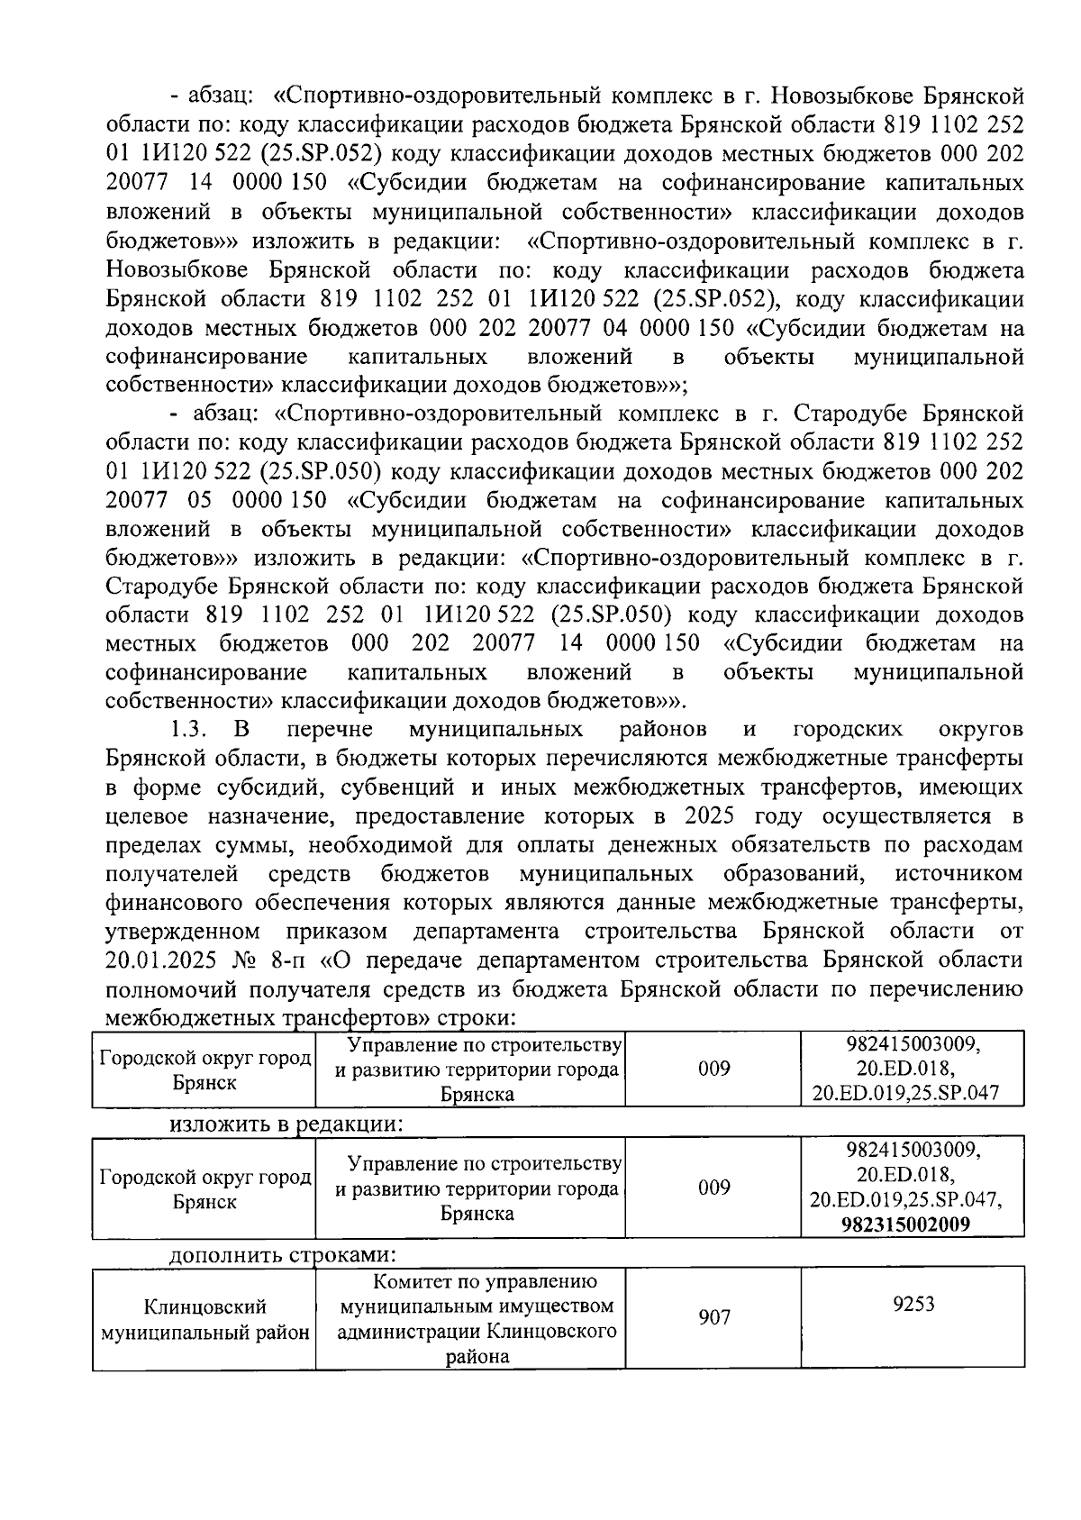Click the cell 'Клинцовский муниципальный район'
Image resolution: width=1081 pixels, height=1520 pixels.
(x=204, y=1319)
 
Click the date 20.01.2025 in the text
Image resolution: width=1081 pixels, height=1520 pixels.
(x=162, y=960)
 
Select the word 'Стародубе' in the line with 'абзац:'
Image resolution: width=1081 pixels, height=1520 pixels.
(x=855, y=414)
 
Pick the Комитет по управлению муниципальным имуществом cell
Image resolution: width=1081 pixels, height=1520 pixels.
(x=478, y=1318)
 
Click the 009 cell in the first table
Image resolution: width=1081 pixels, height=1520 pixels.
(x=713, y=1069)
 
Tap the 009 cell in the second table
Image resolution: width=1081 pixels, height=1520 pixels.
(x=713, y=1187)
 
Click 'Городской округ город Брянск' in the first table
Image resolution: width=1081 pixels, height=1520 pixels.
(x=204, y=1069)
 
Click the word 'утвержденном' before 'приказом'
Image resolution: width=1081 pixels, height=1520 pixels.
(x=183, y=931)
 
